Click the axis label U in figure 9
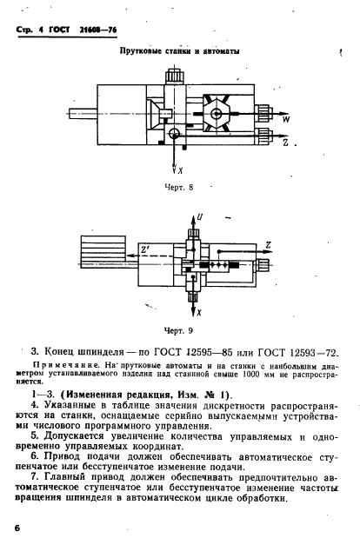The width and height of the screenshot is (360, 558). coord(199,216)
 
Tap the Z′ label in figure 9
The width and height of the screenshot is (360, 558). coord(145,250)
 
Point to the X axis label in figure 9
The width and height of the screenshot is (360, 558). coord(199,310)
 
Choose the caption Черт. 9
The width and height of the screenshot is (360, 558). coord(177,331)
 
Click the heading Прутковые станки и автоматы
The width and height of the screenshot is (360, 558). coord(179,51)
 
